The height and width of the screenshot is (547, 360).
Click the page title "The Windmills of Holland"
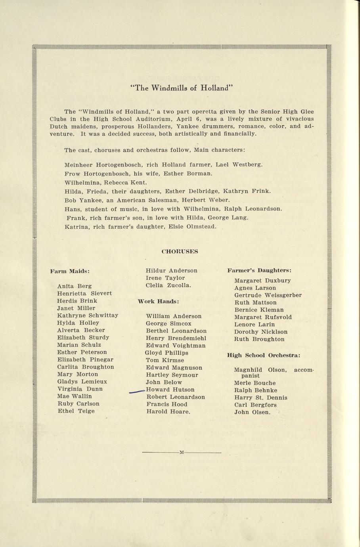pyautogui.click(x=180, y=88)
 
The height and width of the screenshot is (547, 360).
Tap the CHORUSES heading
pyautogui.click(x=180, y=251)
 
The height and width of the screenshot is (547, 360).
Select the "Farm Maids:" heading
pyautogui.click(x=70, y=271)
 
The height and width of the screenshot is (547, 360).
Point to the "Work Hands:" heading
pyautogui.click(x=158, y=301)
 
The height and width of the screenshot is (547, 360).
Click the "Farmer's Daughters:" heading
pyautogui.click(x=259, y=270)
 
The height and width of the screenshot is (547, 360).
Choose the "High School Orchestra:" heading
pyautogui.click(x=263, y=355)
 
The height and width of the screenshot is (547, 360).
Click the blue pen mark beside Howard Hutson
pyautogui.click(x=137, y=391)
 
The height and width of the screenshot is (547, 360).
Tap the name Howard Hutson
pyautogui.click(x=170, y=390)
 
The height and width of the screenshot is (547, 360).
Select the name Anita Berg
pyautogui.click(x=74, y=286)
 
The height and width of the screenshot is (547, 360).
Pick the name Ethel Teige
pyautogui.click(x=76, y=411)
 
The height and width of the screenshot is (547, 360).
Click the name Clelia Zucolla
pyautogui.click(x=168, y=285)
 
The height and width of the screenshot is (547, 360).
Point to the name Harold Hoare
pyautogui.click(x=168, y=412)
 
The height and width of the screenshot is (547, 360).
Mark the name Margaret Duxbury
pyautogui.click(x=262, y=281)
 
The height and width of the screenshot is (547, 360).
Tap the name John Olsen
pyautogui.click(x=252, y=412)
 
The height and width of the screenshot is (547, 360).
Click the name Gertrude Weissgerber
pyautogui.click(x=268, y=295)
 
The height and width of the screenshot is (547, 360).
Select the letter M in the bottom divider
pyautogui.click(x=181, y=452)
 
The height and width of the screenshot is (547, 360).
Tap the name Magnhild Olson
pyautogui.click(x=260, y=370)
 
